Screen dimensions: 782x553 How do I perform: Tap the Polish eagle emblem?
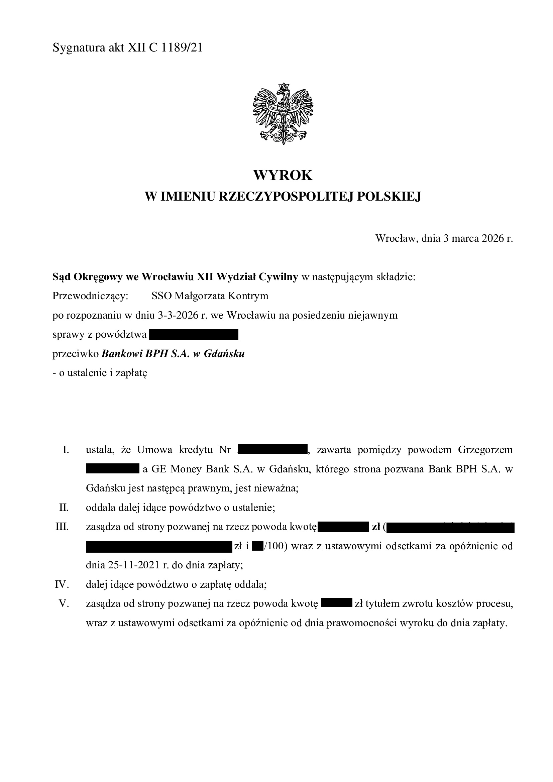[x=283, y=113]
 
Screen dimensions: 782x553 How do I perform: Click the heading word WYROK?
[x=283, y=176]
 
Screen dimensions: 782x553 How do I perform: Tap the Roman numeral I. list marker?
[x=66, y=450]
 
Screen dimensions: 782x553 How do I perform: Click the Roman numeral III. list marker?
[x=62, y=527]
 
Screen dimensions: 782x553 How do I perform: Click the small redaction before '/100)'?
[x=257, y=546]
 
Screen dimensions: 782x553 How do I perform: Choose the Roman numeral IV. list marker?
[x=62, y=584]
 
